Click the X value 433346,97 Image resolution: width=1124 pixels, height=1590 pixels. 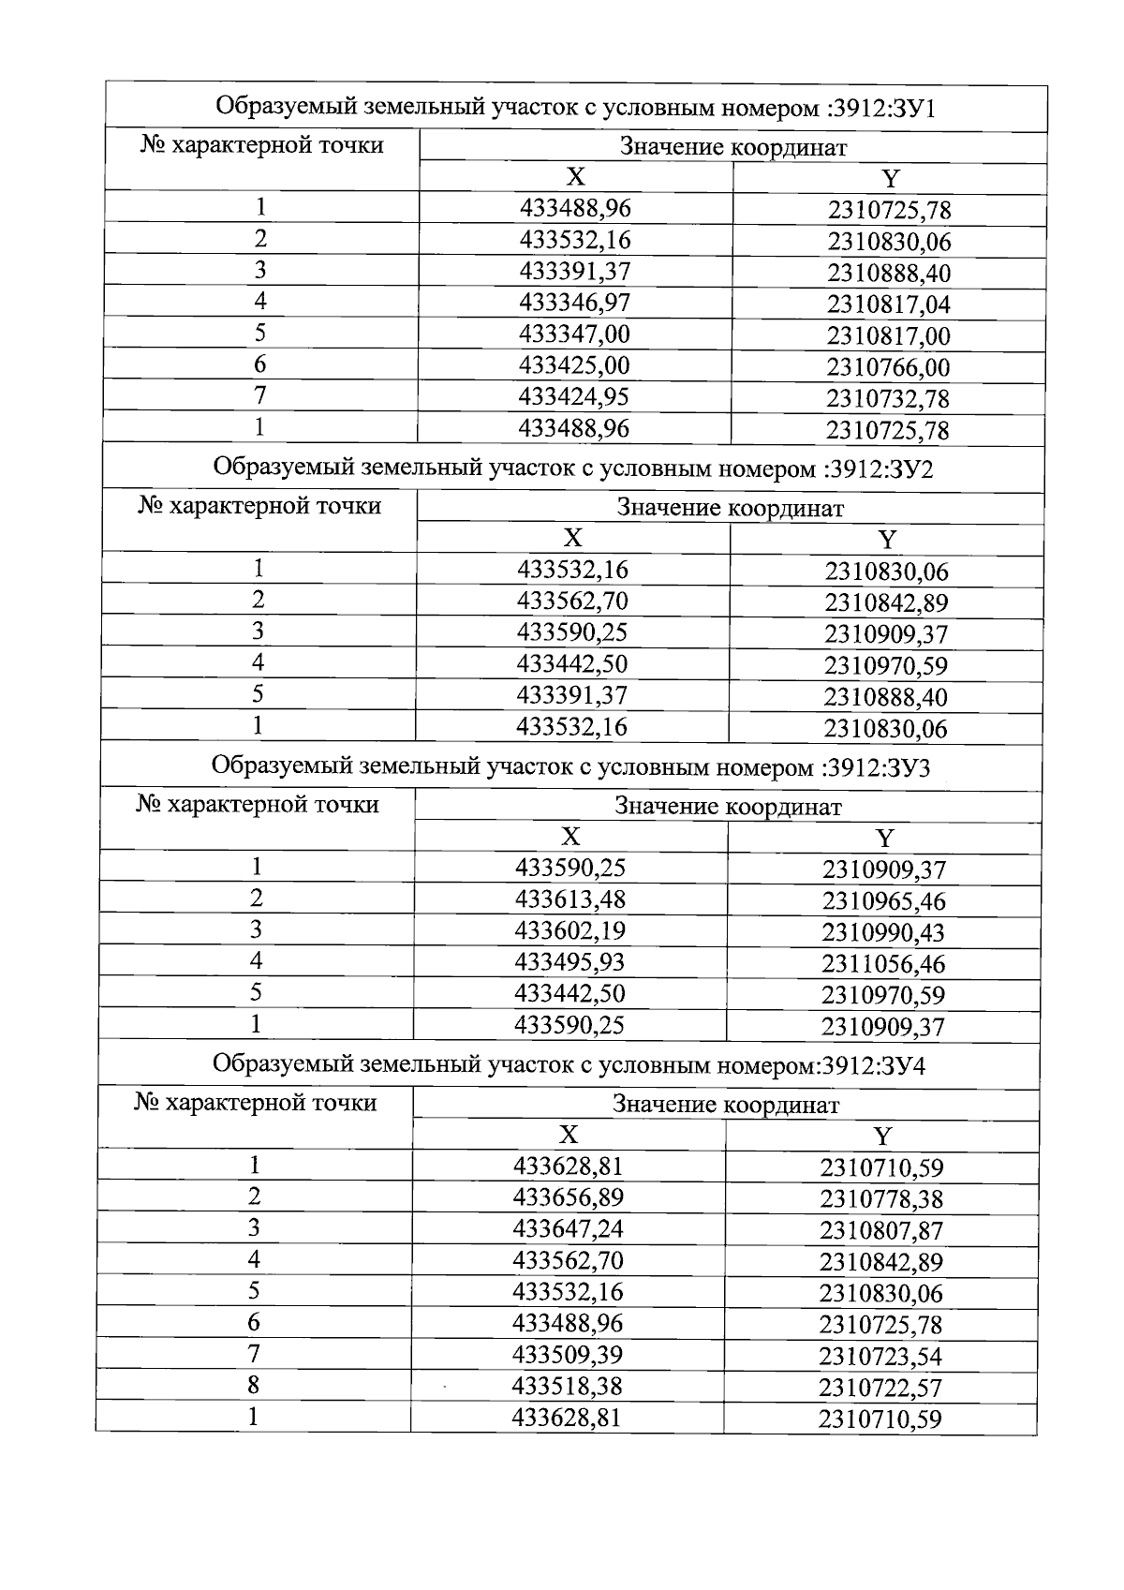574,303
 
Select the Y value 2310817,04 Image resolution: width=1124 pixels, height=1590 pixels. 888,305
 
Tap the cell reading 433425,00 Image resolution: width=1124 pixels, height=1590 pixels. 574,365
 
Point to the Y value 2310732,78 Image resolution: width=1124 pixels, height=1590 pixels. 887,399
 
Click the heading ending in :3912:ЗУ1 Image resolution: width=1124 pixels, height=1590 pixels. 576,108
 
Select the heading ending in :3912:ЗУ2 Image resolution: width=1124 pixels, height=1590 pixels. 573,468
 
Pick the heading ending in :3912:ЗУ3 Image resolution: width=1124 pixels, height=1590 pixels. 570,767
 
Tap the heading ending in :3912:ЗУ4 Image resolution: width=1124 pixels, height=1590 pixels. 569,1065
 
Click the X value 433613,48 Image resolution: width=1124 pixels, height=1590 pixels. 569,899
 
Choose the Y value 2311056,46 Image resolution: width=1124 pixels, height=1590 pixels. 883,964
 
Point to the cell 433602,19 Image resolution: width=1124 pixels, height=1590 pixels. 569,931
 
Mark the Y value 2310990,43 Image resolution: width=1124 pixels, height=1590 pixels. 883,933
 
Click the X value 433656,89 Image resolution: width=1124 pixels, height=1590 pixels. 569,1197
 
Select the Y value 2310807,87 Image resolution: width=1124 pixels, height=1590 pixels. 880,1231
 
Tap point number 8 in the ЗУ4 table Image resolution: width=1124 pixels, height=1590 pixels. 253,1386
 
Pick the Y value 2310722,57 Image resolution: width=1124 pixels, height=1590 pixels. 880,1388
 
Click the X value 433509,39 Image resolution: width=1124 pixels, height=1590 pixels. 568,1355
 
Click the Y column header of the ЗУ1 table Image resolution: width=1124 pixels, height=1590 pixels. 890,179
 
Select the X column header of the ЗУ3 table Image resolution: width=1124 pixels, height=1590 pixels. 570,837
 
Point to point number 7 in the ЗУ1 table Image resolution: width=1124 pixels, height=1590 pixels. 260,395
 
